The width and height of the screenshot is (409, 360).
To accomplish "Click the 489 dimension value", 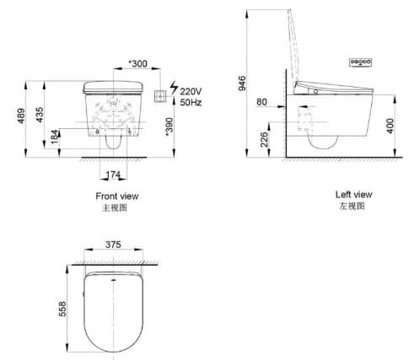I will click(12, 118).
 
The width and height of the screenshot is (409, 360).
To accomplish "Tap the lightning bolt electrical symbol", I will click(174, 87).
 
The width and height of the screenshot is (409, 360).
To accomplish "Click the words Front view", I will click(117, 196).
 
